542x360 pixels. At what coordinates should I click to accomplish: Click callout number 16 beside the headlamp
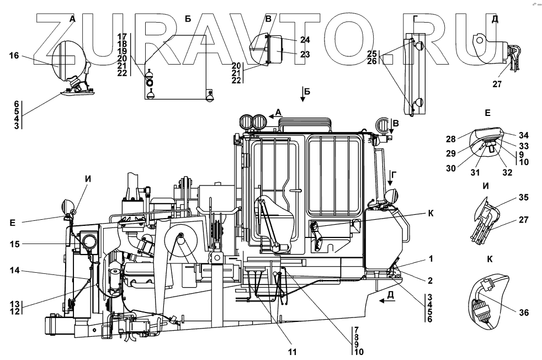14,55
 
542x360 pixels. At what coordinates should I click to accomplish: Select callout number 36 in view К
523,313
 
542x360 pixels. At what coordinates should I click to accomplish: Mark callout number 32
507,172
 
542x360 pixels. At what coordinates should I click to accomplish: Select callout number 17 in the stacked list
123,36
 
